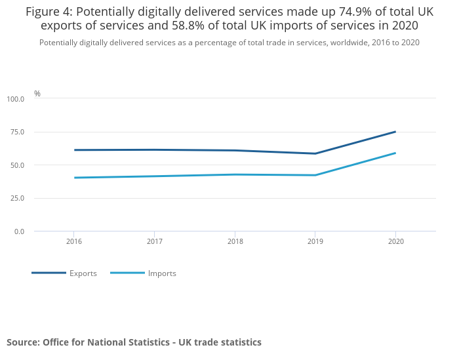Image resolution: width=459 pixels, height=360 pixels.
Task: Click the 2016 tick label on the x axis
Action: point(73,241)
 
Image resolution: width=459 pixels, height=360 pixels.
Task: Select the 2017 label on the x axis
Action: point(154,241)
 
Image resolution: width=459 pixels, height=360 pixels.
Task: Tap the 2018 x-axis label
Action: point(235,241)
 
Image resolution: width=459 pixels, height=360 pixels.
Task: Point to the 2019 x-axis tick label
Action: point(315,241)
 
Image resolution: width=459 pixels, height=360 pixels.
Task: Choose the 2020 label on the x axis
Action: point(395,241)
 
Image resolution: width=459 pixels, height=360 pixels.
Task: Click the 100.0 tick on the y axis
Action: point(16,99)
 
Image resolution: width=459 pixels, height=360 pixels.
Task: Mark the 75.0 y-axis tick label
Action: point(17,132)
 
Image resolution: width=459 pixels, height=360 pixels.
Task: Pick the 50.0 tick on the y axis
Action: point(17,165)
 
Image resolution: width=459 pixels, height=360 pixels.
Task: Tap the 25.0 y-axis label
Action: point(17,198)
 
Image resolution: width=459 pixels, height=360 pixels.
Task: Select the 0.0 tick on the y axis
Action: point(18,231)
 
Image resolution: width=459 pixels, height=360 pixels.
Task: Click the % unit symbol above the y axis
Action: point(37,94)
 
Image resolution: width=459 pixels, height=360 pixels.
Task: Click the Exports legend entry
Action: point(83,273)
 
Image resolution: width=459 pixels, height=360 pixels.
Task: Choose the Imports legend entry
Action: point(162,273)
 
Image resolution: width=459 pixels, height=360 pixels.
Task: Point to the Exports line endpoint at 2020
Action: point(395,132)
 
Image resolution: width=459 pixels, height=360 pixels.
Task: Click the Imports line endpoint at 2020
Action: point(395,153)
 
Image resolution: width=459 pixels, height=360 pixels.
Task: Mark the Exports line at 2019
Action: point(315,153)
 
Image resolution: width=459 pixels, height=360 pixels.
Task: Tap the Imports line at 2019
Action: point(315,175)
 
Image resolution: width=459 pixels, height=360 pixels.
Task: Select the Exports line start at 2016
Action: point(74,150)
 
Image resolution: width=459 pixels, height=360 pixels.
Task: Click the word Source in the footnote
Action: point(22,342)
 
